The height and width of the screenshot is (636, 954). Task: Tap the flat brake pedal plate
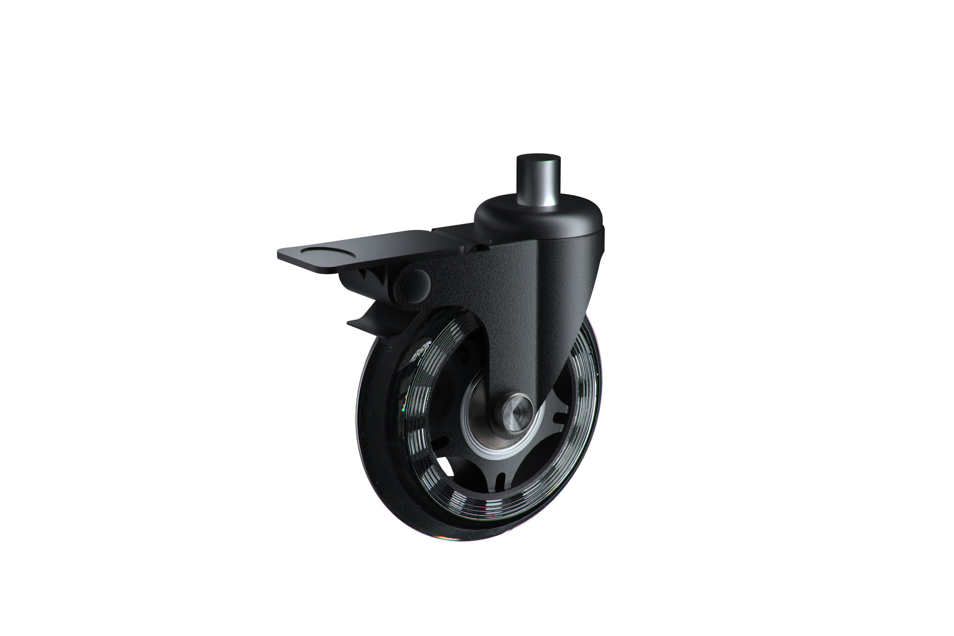pyautogui.click(x=365, y=252)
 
